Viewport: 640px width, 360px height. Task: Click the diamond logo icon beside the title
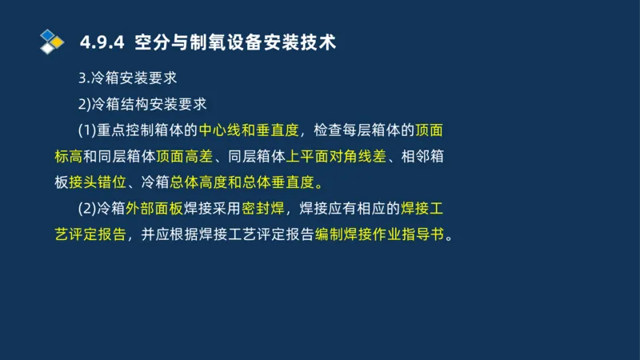(52, 41)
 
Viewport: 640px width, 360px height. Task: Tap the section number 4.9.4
(102, 42)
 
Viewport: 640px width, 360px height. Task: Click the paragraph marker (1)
(86, 130)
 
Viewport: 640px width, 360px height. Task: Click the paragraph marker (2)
(86, 210)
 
